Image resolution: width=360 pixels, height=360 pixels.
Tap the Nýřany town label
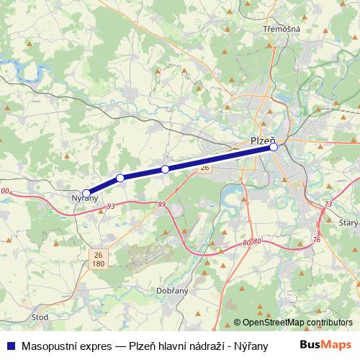coord(85,198)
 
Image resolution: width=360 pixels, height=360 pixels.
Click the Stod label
coord(41,315)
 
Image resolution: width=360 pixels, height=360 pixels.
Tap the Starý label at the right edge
coord(348,223)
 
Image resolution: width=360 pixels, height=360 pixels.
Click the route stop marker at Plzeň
coord(274,147)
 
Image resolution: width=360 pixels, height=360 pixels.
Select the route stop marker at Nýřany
coord(86,192)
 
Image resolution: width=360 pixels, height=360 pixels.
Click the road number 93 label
coord(110,207)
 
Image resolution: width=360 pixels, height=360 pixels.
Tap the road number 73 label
coord(328,204)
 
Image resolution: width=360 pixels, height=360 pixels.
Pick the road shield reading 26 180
coord(98,258)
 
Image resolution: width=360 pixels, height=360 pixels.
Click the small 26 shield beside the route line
coord(204,167)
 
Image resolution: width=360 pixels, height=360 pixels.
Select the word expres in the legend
coord(97,344)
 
